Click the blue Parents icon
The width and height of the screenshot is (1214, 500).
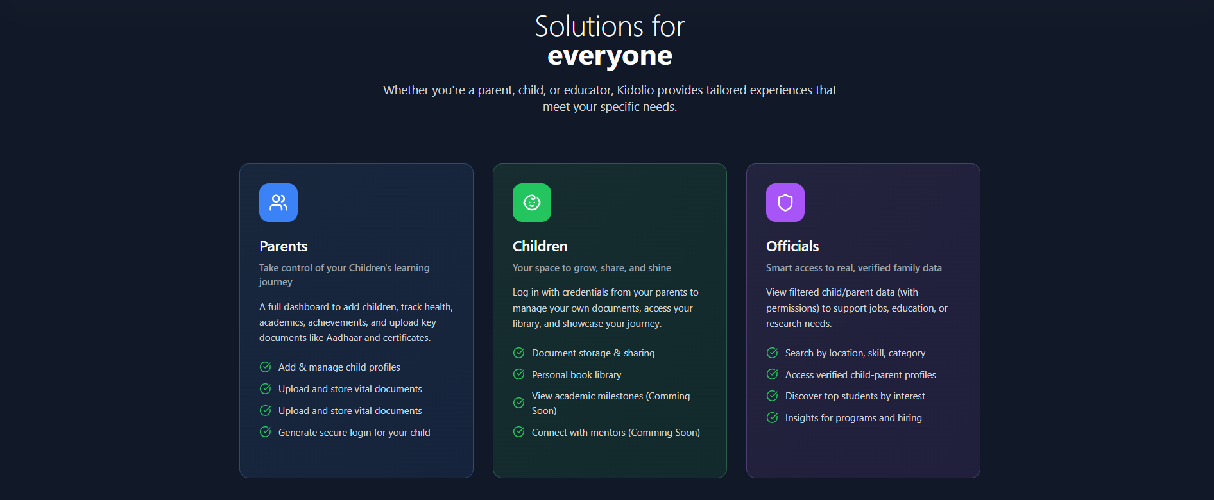[278, 203]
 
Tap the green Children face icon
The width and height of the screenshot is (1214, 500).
[532, 203]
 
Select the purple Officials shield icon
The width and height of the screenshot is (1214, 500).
[785, 203]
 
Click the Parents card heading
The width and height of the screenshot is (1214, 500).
[284, 246]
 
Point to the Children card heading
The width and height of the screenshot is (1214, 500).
[540, 246]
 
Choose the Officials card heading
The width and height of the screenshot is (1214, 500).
[792, 246]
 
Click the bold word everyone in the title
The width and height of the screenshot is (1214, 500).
[610, 56]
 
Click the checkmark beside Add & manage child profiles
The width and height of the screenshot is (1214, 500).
[265, 367]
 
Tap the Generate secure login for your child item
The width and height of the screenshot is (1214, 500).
[354, 433]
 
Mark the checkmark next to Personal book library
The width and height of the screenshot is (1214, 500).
[519, 374]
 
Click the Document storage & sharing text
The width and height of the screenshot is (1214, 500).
[593, 353]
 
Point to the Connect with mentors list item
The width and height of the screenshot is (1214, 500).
[615, 433]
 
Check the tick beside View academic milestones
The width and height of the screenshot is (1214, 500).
[519, 403]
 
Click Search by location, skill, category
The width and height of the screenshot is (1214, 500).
[855, 353]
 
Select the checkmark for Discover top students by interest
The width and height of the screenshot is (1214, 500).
[773, 396]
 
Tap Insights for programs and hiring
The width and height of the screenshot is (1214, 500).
[853, 418]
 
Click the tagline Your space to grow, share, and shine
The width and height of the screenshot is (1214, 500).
[592, 268]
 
